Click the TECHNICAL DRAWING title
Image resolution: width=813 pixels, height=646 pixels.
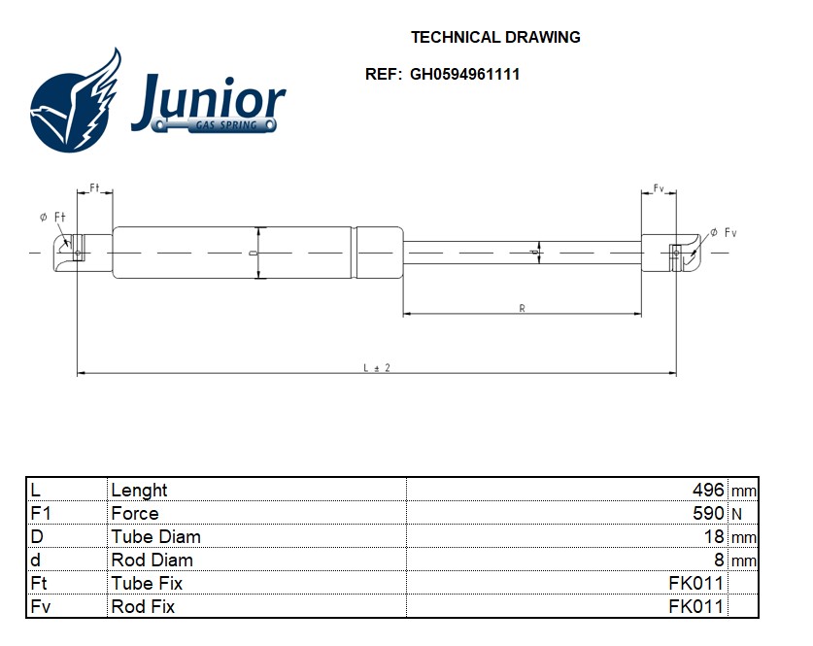coord(495,38)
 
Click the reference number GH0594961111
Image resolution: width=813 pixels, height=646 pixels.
coord(464,74)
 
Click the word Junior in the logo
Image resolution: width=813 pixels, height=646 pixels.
coord(208,99)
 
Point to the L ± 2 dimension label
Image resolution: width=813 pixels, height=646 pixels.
coord(376,367)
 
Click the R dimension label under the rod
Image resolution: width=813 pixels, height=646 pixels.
coord(522,309)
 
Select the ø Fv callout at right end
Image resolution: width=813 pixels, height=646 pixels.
coord(724,232)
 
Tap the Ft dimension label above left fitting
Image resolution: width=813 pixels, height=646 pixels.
coord(95,187)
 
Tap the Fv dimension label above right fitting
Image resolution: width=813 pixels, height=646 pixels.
coord(658,187)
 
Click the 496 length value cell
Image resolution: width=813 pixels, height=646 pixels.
coord(708,491)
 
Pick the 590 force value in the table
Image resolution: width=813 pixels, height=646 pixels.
coord(708,514)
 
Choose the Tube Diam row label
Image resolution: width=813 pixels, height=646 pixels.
coord(155,537)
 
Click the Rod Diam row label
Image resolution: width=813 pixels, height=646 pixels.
coord(152,561)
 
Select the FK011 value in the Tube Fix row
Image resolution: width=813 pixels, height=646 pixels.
coord(695,584)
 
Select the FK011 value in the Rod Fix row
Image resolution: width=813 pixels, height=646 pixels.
coord(695,607)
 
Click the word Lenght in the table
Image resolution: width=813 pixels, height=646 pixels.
coord(139,491)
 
